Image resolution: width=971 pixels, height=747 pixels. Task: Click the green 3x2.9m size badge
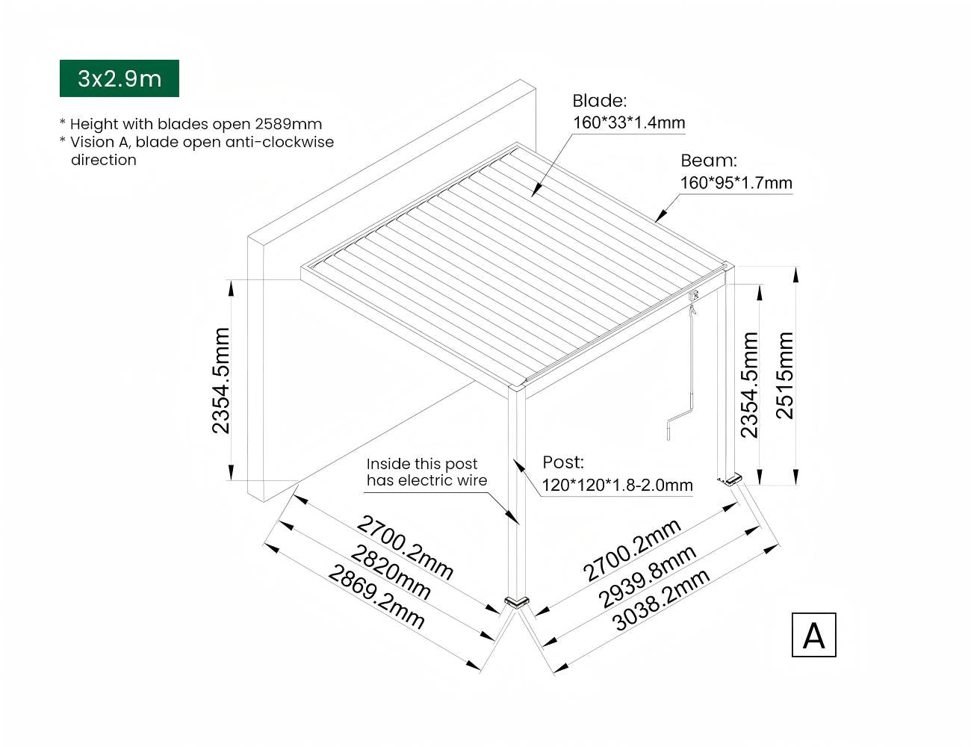coord(120,78)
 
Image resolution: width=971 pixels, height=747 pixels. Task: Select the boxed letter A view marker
coord(813,635)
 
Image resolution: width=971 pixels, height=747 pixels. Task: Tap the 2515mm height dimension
coord(784,376)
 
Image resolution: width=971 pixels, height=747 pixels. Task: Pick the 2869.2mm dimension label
coord(376,598)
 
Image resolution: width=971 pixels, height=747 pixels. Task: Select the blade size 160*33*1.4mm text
coord(628,123)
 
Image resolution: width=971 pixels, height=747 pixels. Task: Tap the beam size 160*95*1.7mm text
coord(736,183)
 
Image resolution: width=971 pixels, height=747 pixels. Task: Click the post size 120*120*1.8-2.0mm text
coord(617,486)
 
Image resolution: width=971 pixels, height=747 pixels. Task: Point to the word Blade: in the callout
coord(600,101)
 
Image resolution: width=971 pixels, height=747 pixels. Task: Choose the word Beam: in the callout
coord(708,161)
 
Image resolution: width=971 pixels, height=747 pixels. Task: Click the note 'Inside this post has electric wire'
coord(426,473)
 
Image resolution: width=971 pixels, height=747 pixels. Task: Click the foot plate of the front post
coord(516,601)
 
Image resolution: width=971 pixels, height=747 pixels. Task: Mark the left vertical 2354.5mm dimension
coord(221,380)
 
